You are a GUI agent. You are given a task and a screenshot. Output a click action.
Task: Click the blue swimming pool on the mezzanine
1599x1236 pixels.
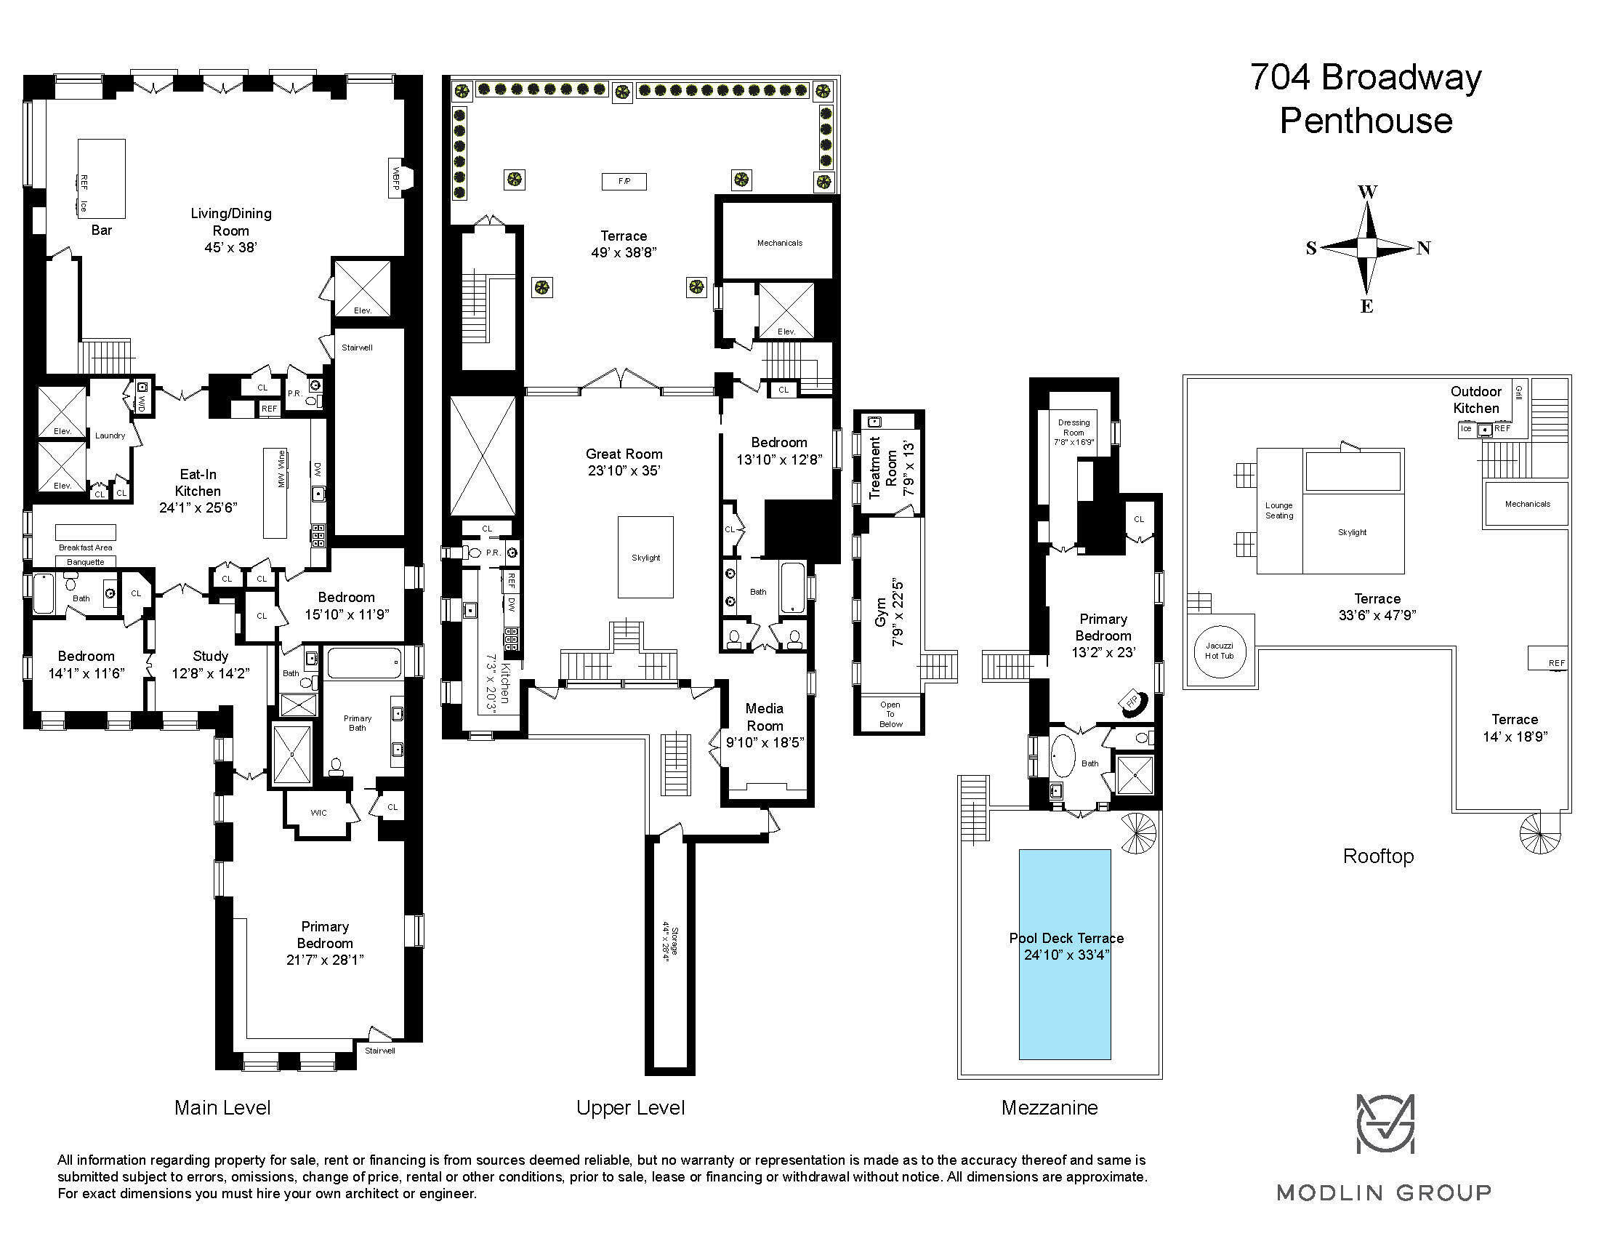tap(1066, 954)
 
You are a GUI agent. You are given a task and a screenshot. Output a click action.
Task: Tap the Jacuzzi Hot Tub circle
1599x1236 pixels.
tap(1220, 651)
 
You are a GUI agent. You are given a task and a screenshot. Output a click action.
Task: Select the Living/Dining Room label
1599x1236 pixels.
tap(231, 222)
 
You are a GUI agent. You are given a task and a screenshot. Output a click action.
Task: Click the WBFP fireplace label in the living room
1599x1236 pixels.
tap(396, 179)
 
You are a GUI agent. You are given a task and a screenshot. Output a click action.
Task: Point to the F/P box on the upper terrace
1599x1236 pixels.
tap(624, 181)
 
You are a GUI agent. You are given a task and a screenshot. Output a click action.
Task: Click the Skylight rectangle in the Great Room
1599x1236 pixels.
tap(645, 557)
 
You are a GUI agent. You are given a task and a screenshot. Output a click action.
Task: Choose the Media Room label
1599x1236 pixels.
tap(765, 717)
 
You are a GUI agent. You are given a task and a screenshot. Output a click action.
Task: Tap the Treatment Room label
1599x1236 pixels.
tap(882, 468)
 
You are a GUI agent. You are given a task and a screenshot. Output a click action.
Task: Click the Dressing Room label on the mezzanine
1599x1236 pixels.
tap(1074, 427)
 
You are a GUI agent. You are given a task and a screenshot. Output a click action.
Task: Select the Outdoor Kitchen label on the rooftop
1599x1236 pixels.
tap(1476, 400)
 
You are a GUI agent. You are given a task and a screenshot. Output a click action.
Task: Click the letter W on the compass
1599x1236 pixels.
tap(1368, 193)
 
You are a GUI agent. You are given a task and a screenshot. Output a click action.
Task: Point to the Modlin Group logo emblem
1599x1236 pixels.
tap(1385, 1124)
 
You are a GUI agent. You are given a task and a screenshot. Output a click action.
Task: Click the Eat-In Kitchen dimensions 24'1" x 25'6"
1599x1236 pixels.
tap(198, 507)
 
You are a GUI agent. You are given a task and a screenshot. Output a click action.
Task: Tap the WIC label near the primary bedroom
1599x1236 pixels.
tap(318, 812)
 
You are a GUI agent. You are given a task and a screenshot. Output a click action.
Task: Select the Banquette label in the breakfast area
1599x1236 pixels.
tap(86, 562)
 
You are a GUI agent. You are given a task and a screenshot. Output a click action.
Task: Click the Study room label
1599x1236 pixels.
tap(211, 656)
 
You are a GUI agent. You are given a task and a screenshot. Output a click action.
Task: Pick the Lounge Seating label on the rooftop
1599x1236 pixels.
tap(1279, 510)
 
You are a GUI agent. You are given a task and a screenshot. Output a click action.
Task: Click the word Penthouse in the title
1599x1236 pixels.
tap(1366, 121)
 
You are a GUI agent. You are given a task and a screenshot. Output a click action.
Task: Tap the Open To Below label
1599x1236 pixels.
tap(891, 714)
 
